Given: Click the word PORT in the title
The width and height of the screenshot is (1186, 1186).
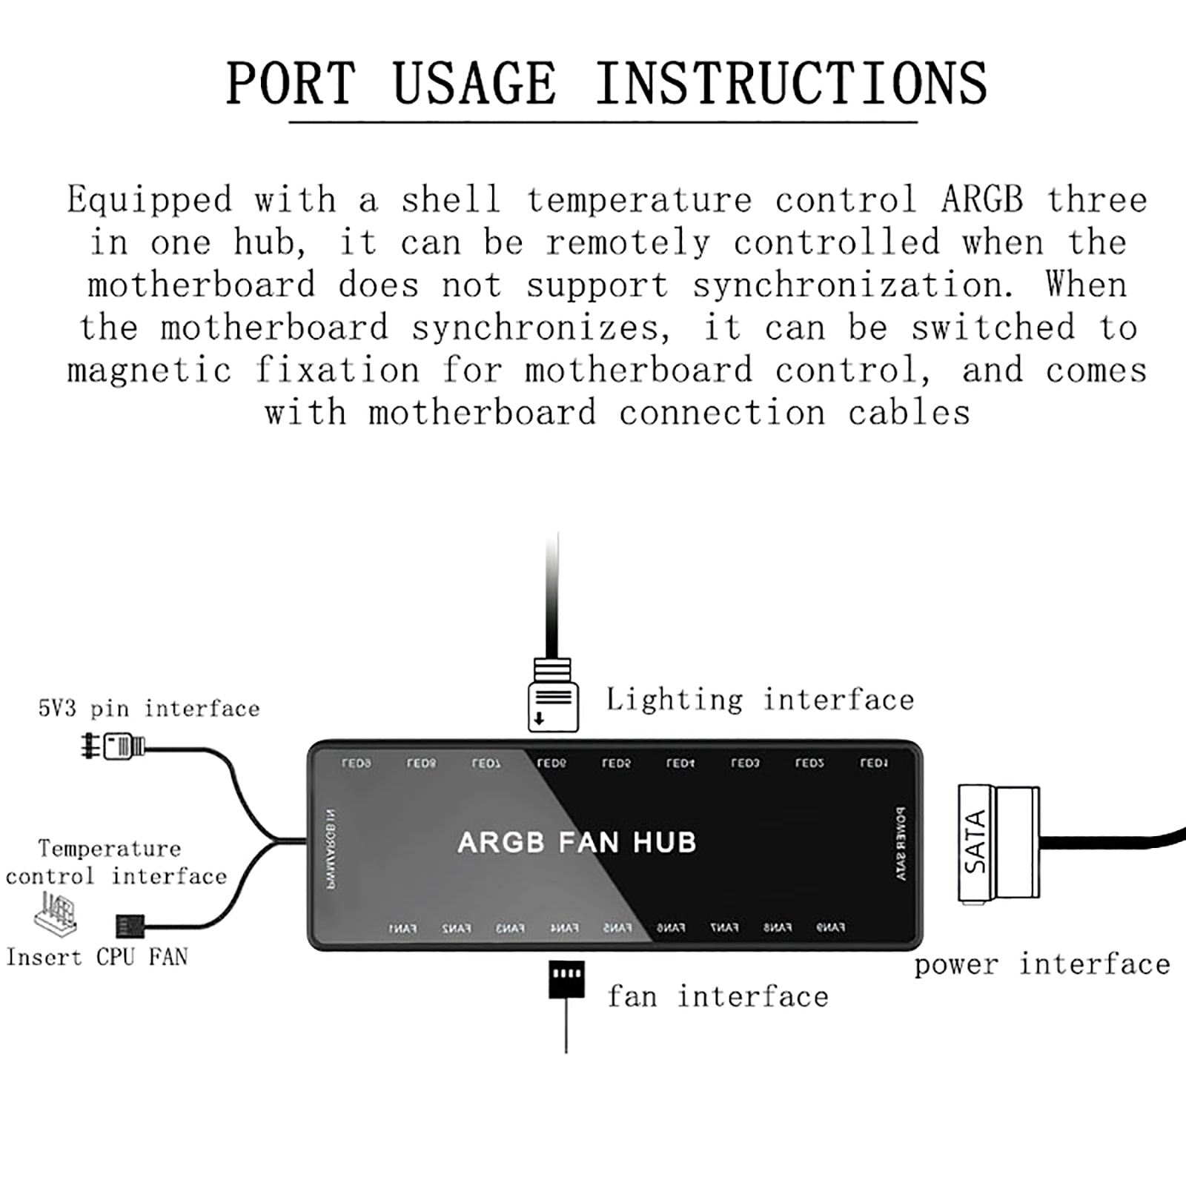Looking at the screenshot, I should click(291, 83).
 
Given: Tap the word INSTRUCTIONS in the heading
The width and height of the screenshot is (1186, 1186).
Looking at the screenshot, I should click(791, 83).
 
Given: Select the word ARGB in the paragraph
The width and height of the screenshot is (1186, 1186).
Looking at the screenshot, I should click(982, 200).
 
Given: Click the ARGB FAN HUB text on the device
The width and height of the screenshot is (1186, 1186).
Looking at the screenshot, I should click(577, 843).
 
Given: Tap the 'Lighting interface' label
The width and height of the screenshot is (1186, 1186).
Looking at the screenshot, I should click(760, 700).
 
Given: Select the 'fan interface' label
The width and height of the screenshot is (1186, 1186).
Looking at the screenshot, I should click(718, 997).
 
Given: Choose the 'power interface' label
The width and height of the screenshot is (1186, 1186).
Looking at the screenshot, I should click(1041, 965).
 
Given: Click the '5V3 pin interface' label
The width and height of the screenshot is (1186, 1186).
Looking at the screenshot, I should click(149, 709).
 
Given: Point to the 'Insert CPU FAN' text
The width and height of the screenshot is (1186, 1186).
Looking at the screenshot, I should click(97, 957).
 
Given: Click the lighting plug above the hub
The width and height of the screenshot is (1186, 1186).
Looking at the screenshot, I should click(553, 697).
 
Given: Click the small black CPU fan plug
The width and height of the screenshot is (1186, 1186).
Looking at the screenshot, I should click(129, 926).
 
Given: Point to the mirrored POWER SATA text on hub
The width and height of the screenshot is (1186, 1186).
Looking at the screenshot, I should click(901, 844).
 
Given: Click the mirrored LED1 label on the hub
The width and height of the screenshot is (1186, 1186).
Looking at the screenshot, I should click(874, 763).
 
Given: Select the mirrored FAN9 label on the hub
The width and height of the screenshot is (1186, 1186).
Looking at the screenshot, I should click(830, 927).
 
